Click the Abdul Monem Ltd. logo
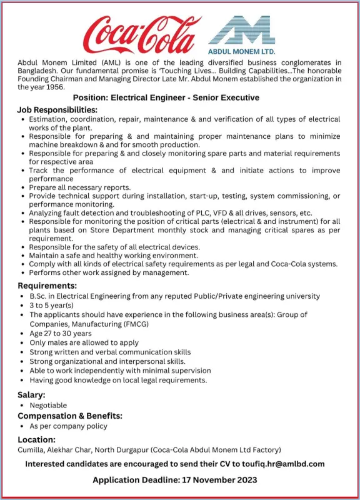tap(241, 35)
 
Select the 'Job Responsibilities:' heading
tap(57, 110)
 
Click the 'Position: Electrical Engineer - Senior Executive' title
tap(166, 98)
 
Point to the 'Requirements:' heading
tap(46, 285)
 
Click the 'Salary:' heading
tap(31, 395)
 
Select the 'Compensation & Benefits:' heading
tap(69, 416)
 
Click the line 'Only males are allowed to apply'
tap(84, 342)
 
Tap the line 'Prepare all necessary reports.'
tap(80, 187)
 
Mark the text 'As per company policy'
tap(68, 426)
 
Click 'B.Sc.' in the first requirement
tap(40, 296)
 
